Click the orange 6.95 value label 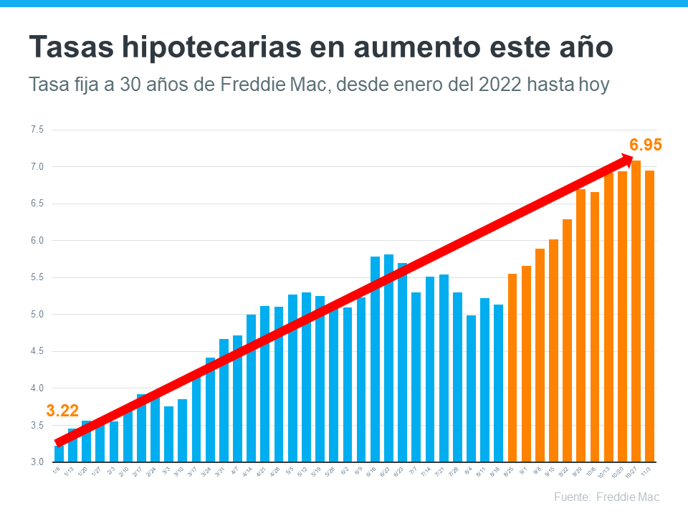tap(645, 145)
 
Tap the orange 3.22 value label tap(62, 411)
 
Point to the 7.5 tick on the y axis tap(37, 130)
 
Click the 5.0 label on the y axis tap(37, 315)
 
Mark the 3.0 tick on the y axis tap(37, 462)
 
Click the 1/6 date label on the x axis tap(57, 472)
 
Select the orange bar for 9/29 tap(580, 325)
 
